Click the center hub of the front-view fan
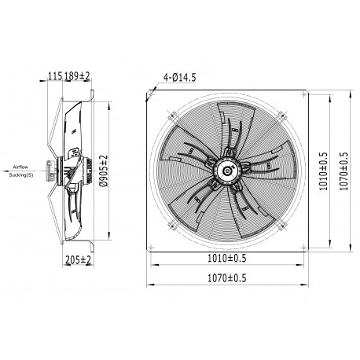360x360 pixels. (226, 167)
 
